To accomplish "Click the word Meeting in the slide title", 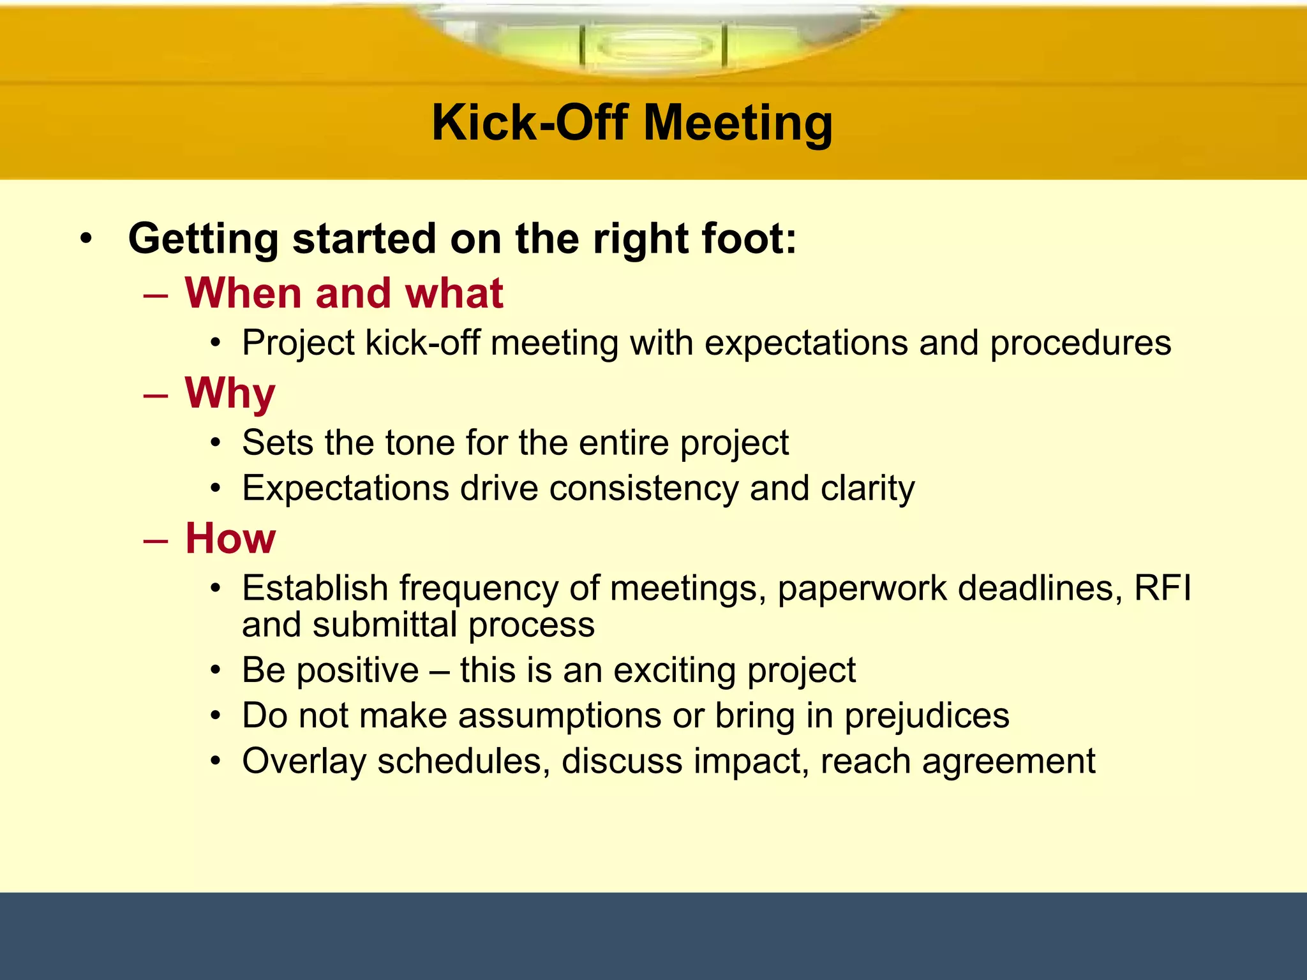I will click(738, 123).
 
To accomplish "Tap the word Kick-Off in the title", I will click(530, 123).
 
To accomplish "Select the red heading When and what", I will click(344, 293).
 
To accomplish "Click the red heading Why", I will click(230, 394).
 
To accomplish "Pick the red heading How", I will click(230, 538).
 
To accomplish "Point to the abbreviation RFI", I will click(1162, 588).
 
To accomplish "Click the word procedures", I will click(1080, 343).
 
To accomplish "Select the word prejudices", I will click(927, 716).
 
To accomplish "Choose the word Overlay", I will click(304, 762).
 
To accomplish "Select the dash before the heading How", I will click(156, 540).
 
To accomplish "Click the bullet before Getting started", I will click(86, 240).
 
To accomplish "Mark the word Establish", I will click(315, 588).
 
